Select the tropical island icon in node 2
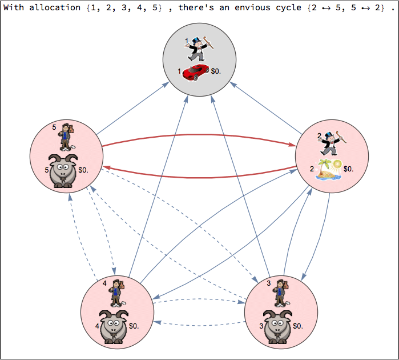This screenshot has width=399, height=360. click(330, 170)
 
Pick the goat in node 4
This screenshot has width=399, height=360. click(113, 326)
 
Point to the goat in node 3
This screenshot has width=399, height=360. click(277, 326)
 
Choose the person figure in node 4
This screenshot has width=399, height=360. click(116, 293)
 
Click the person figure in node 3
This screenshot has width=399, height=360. click(280, 293)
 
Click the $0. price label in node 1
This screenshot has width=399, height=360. click(216, 71)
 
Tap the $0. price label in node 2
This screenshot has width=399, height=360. click(348, 169)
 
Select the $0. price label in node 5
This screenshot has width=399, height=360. click(83, 170)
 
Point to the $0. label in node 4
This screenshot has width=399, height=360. click(134, 326)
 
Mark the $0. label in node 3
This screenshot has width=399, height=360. click(298, 326)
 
